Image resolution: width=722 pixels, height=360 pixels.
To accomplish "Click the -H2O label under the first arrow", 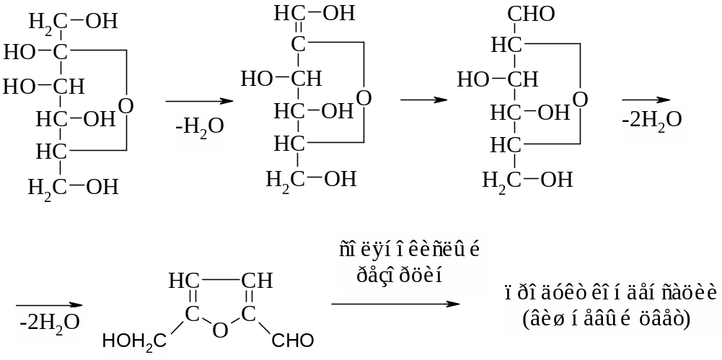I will click(199, 128).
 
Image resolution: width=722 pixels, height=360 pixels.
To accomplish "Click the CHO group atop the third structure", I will click(532, 14).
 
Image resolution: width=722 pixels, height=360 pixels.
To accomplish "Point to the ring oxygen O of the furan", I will click(221, 330).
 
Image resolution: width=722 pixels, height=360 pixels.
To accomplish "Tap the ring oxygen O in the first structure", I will click(126, 106).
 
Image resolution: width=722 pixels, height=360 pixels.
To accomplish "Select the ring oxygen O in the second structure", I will click(364, 97).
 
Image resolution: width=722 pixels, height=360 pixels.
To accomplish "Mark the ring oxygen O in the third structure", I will click(581, 98).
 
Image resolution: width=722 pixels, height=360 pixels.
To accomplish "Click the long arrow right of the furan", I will click(395, 304).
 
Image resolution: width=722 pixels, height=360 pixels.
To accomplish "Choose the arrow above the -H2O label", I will click(199, 101).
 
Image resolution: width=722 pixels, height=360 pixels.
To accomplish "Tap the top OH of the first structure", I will click(102, 21).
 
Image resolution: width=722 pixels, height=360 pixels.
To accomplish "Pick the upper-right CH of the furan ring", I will click(257, 279).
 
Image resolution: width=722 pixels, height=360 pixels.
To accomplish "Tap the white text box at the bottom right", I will click(609, 307).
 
